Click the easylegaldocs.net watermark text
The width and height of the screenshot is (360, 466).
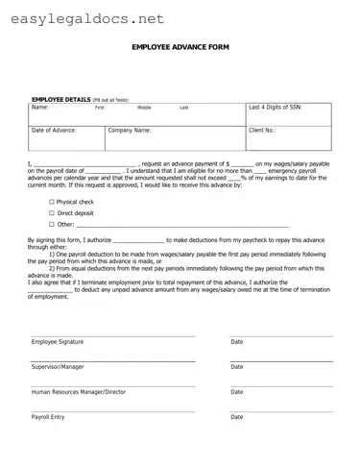pyautogui.click(x=83, y=18)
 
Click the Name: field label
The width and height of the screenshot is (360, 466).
pyautogui.click(x=39, y=108)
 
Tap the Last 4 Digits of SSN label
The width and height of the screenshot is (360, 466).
pyautogui.click(x=276, y=108)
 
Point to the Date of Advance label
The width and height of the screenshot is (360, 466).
pyautogui.click(x=54, y=130)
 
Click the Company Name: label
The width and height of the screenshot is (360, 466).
pyautogui.click(x=130, y=130)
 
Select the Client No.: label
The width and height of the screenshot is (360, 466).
pyautogui.click(x=262, y=130)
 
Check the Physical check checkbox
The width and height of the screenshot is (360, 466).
pyautogui.click(x=52, y=202)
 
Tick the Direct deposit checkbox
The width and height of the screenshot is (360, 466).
pyautogui.click(x=52, y=212)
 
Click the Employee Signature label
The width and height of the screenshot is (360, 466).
pyautogui.click(x=58, y=342)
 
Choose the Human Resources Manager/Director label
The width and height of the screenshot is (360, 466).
pyautogui.click(x=79, y=392)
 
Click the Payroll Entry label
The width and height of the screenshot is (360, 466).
pyautogui.click(x=48, y=417)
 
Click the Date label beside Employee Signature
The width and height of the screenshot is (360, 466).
pyautogui.click(x=237, y=342)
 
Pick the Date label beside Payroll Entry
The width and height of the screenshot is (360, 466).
pyautogui.click(x=237, y=417)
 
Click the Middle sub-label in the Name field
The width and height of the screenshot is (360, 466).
pyautogui.click(x=144, y=109)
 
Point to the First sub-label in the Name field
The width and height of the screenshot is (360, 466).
pyautogui.click(x=99, y=109)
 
